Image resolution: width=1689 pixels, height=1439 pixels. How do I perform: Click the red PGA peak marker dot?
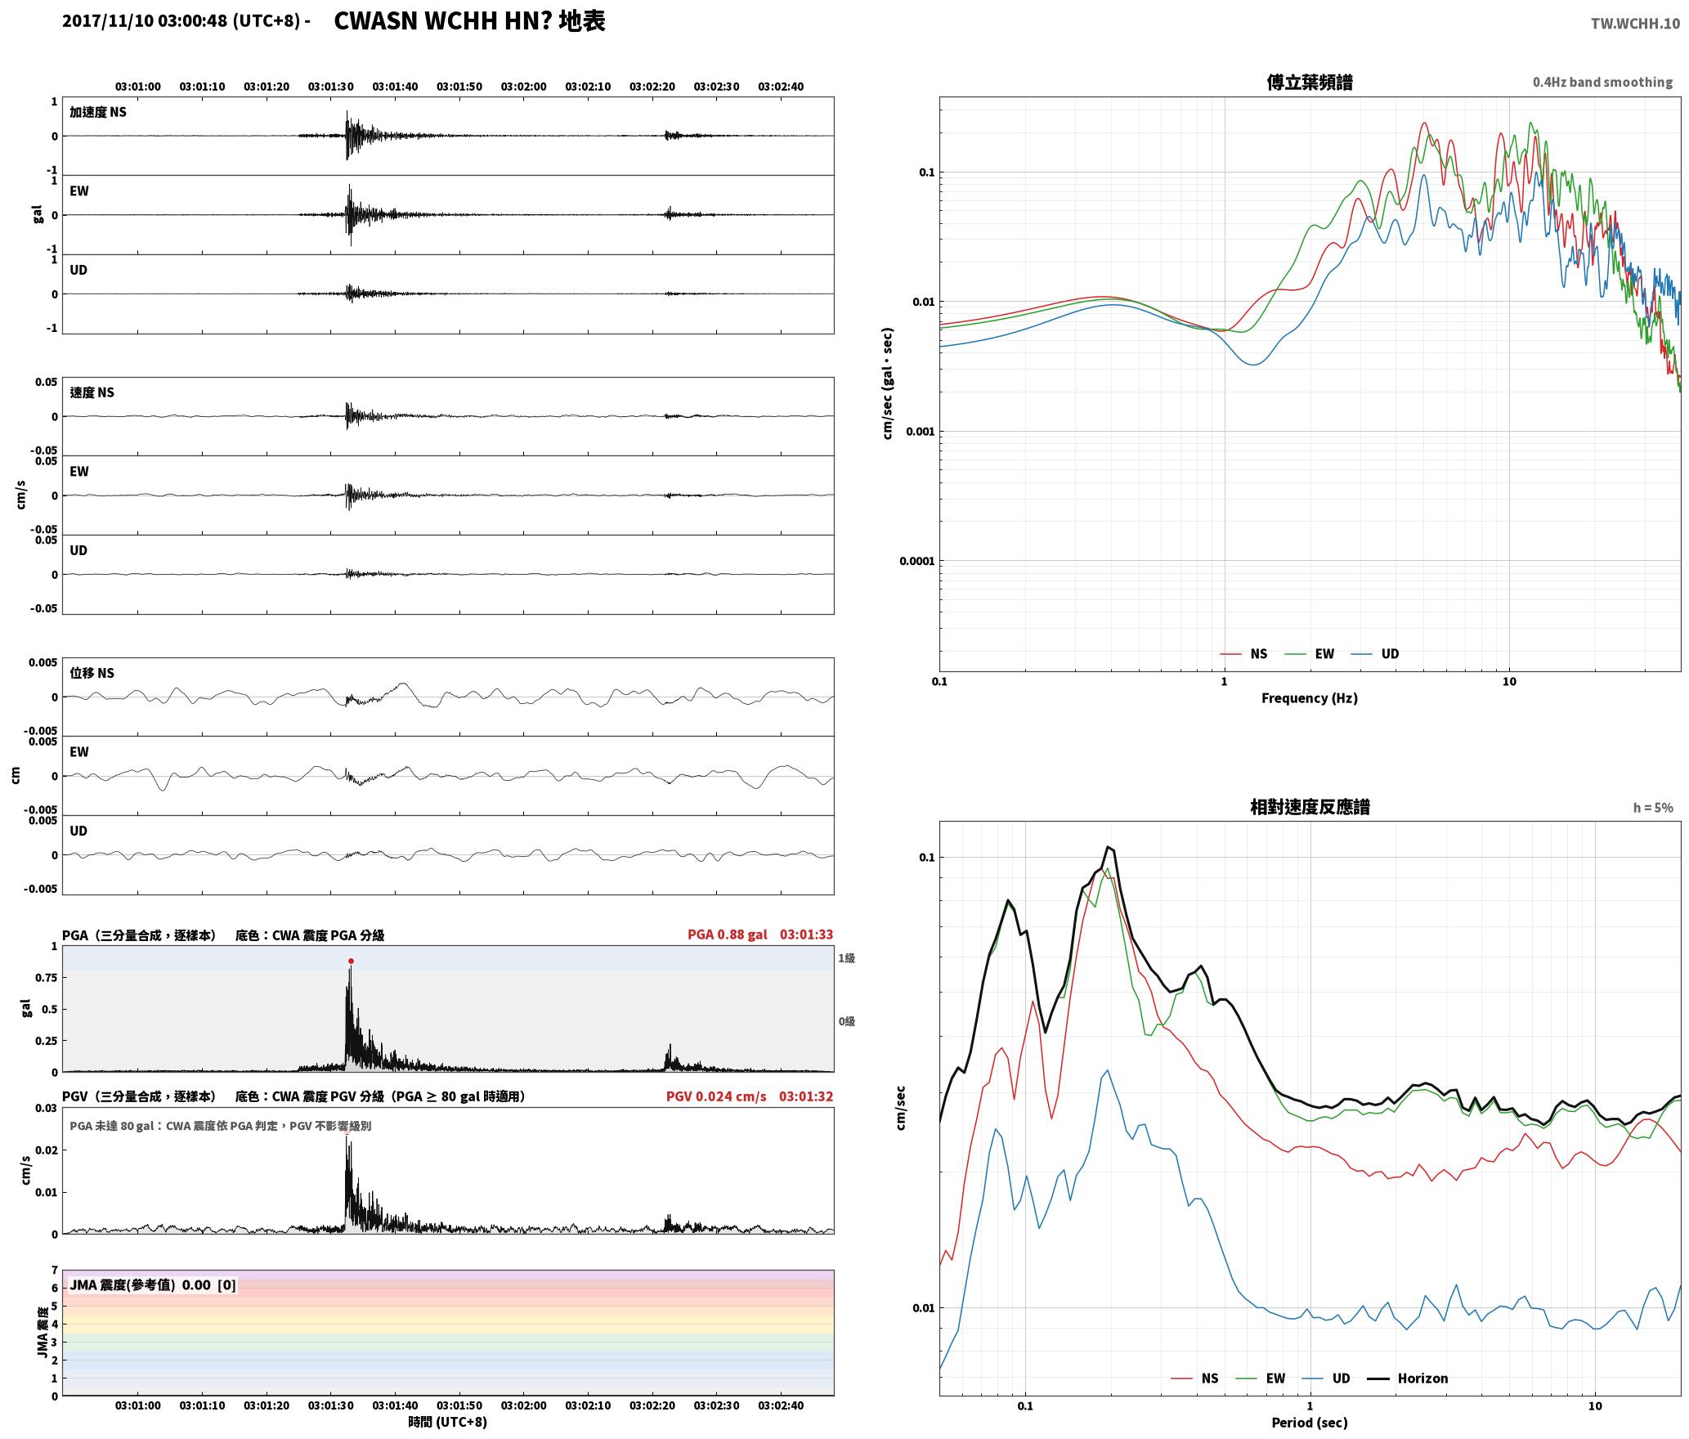point(351,962)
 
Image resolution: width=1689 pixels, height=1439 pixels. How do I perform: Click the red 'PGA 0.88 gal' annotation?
point(727,935)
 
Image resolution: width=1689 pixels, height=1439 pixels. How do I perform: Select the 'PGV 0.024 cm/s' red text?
point(716,1096)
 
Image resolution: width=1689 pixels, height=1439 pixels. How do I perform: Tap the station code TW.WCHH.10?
point(1635,24)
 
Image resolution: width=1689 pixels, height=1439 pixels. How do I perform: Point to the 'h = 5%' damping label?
point(1653,808)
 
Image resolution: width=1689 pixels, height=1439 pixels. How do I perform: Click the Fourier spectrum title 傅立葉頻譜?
point(1310,83)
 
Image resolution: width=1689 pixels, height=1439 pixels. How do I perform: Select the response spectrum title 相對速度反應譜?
point(1310,807)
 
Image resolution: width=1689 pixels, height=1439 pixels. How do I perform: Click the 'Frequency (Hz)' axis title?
point(1310,698)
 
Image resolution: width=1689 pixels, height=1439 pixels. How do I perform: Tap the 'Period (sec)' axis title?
point(1310,1423)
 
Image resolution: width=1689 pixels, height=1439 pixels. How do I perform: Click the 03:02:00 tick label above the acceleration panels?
point(523,87)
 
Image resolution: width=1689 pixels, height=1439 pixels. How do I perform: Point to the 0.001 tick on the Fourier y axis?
point(919,432)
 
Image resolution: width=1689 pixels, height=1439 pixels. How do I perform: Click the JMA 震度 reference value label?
point(153,1285)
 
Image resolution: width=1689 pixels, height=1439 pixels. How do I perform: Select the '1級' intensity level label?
point(846,958)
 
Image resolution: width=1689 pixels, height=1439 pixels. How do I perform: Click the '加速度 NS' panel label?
point(98,112)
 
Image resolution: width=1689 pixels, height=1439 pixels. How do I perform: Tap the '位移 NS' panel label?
point(92,673)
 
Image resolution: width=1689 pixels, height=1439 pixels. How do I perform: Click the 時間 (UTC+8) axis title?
point(448,1422)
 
